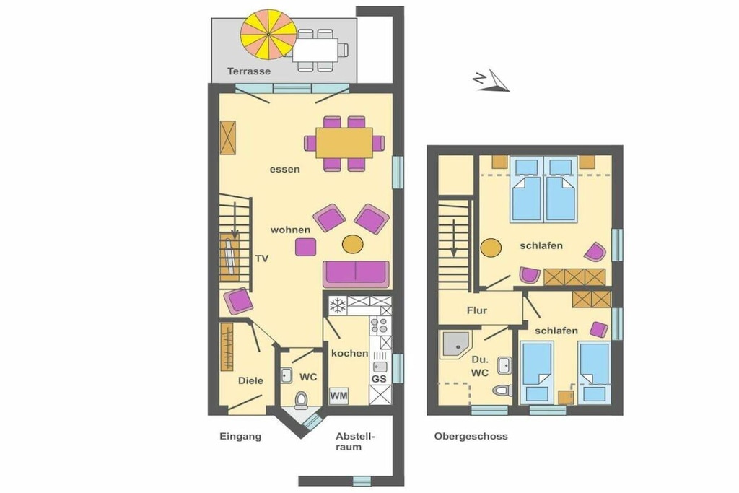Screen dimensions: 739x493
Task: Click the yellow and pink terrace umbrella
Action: (268, 34)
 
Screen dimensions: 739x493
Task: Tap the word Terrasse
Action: (249, 71)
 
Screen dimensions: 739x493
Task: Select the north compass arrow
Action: (491, 80)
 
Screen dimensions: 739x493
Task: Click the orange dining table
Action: (344, 143)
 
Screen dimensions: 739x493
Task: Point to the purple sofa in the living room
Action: (357, 274)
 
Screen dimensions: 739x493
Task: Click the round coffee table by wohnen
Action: (352, 244)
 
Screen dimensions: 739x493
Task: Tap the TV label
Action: (261, 258)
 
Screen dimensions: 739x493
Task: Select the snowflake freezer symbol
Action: (338, 306)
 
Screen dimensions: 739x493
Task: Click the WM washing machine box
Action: (338, 396)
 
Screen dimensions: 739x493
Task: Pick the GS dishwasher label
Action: (379, 378)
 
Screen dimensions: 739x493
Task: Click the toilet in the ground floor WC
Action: (300, 400)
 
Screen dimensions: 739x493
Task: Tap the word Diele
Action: (250, 380)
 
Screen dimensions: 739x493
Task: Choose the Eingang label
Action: (240, 437)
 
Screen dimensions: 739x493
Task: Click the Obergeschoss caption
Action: (471, 437)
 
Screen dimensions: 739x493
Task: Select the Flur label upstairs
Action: (477, 310)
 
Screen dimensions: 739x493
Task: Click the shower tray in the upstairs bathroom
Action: (455, 344)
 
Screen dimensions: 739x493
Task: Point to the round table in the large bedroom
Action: (491, 248)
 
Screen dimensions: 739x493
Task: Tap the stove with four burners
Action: (380, 326)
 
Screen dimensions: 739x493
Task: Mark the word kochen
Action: (350, 353)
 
